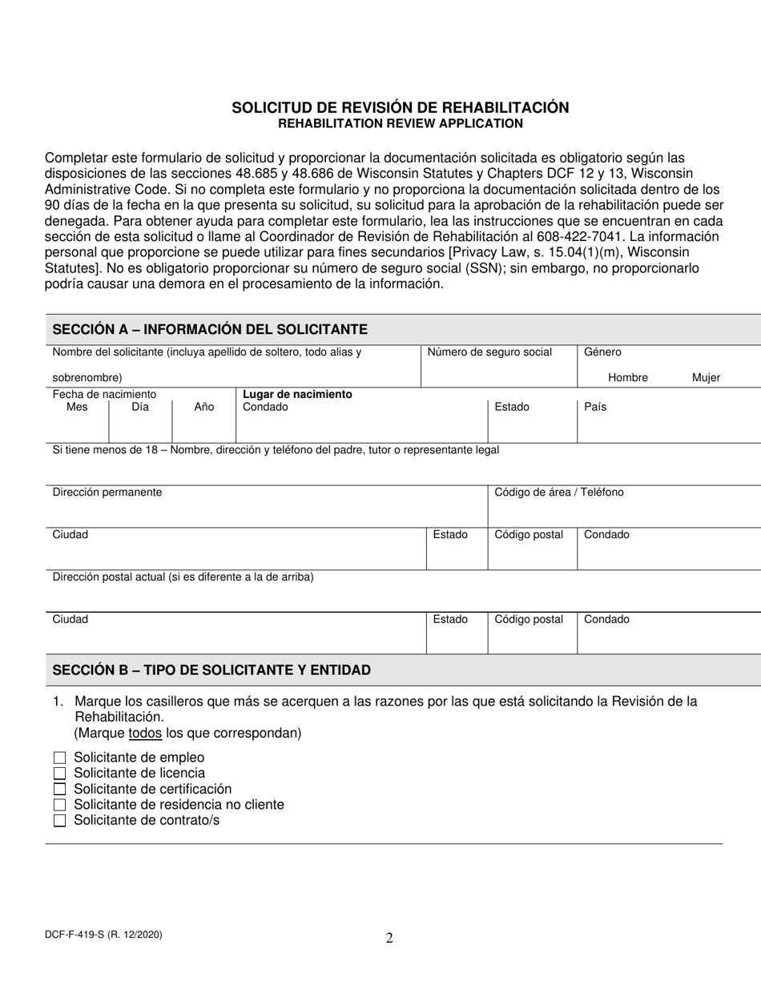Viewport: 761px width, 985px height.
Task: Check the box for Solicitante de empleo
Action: (x=59, y=758)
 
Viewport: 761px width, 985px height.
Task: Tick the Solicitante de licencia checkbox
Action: (x=59, y=774)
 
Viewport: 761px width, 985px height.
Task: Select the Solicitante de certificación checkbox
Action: (x=59, y=789)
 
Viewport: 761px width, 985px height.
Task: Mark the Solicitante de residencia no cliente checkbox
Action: (x=59, y=805)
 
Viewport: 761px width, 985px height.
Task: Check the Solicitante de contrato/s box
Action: (x=59, y=820)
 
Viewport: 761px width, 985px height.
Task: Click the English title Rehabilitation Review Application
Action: (x=401, y=123)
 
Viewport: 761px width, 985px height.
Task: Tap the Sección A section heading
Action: (x=210, y=329)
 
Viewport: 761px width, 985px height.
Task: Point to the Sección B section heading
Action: (x=211, y=669)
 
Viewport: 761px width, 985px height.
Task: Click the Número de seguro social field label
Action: (x=489, y=352)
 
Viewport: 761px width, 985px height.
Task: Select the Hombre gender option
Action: (x=627, y=377)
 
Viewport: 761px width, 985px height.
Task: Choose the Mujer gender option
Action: (x=706, y=377)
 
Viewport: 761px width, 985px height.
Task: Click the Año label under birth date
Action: (x=204, y=407)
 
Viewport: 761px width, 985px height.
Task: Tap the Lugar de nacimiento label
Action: (x=297, y=394)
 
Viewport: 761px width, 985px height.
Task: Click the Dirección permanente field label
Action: (x=107, y=492)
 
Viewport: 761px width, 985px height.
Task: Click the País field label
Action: (x=595, y=407)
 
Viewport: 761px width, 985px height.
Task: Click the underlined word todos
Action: (x=145, y=733)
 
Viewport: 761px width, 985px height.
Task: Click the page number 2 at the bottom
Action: (x=389, y=939)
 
